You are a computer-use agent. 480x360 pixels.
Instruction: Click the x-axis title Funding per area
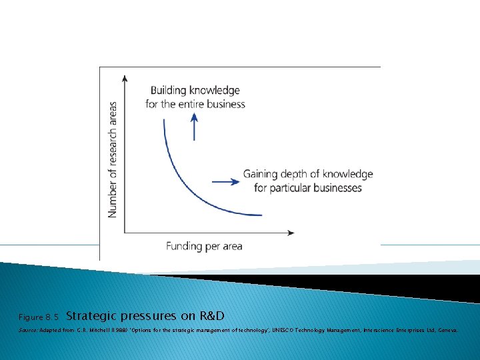[x=204, y=246]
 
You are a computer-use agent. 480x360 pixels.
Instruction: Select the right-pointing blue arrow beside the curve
[x=225, y=181]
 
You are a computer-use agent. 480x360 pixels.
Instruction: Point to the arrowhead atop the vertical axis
[x=125, y=79]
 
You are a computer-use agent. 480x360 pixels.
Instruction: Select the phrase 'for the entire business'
[x=195, y=104]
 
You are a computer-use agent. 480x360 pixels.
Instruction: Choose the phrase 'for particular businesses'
[x=308, y=188]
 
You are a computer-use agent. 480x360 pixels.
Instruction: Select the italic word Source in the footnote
[x=27, y=329]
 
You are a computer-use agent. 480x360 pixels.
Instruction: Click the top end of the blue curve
[x=163, y=120]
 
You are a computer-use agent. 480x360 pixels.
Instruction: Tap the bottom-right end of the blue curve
[x=262, y=215]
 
